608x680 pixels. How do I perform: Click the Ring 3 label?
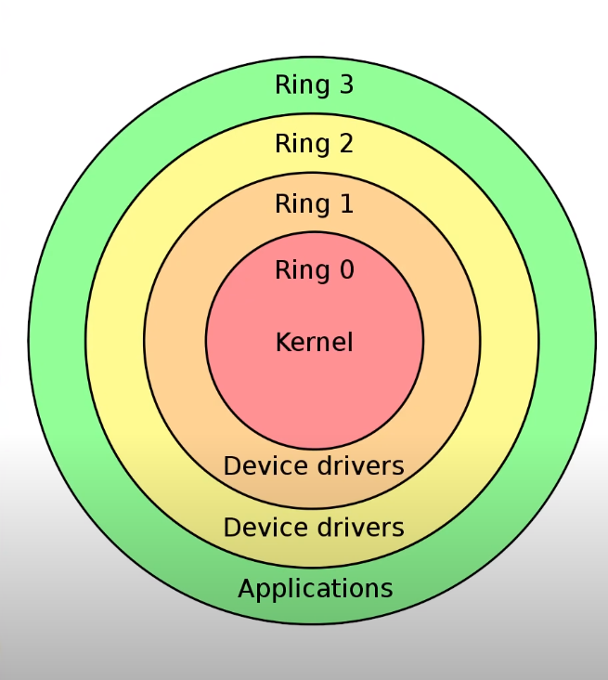point(315,85)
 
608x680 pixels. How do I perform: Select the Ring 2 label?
point(315,144)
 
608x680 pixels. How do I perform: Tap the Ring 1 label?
point(315,203)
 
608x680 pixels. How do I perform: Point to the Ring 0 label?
point(315,270)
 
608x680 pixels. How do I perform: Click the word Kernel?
point(315,342)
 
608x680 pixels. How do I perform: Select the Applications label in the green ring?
point(316,588)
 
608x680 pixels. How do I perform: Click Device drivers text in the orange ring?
point(314,464)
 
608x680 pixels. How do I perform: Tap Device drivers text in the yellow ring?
point(314,528)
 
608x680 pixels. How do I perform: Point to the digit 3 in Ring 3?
point(346,85)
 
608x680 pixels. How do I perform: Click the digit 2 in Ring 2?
point(346,144)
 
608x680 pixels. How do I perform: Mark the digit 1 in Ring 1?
point(346,203)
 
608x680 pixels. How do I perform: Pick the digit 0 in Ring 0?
point(346,270)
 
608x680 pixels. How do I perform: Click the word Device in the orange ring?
point(262,464)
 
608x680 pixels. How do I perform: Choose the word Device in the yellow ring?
point(262,528)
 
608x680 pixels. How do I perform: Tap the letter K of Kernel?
point(282,342)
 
